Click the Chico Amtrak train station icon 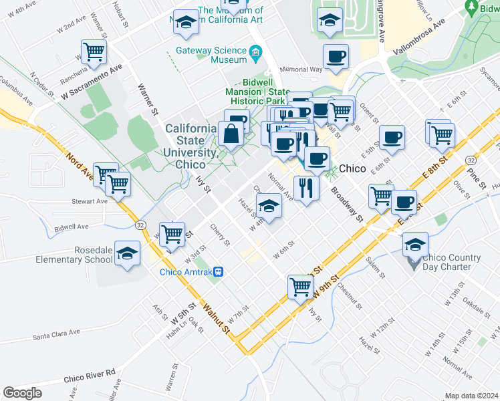pyautogui.click(x=228, y=271)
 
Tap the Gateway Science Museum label pyautogui.click(x=211, y=55)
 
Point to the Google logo pyautogui.click(x=22, y=393)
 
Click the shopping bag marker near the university pyautogui.click(x=231, y=133)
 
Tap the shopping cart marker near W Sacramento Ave pyautogui.click(x=94, y=51)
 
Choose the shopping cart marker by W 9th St pyautogui.click(x=300, y=287)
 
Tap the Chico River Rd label pyautogui.click(x=90, y=375)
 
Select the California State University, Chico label pyautogui.click(x=191, y=146)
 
